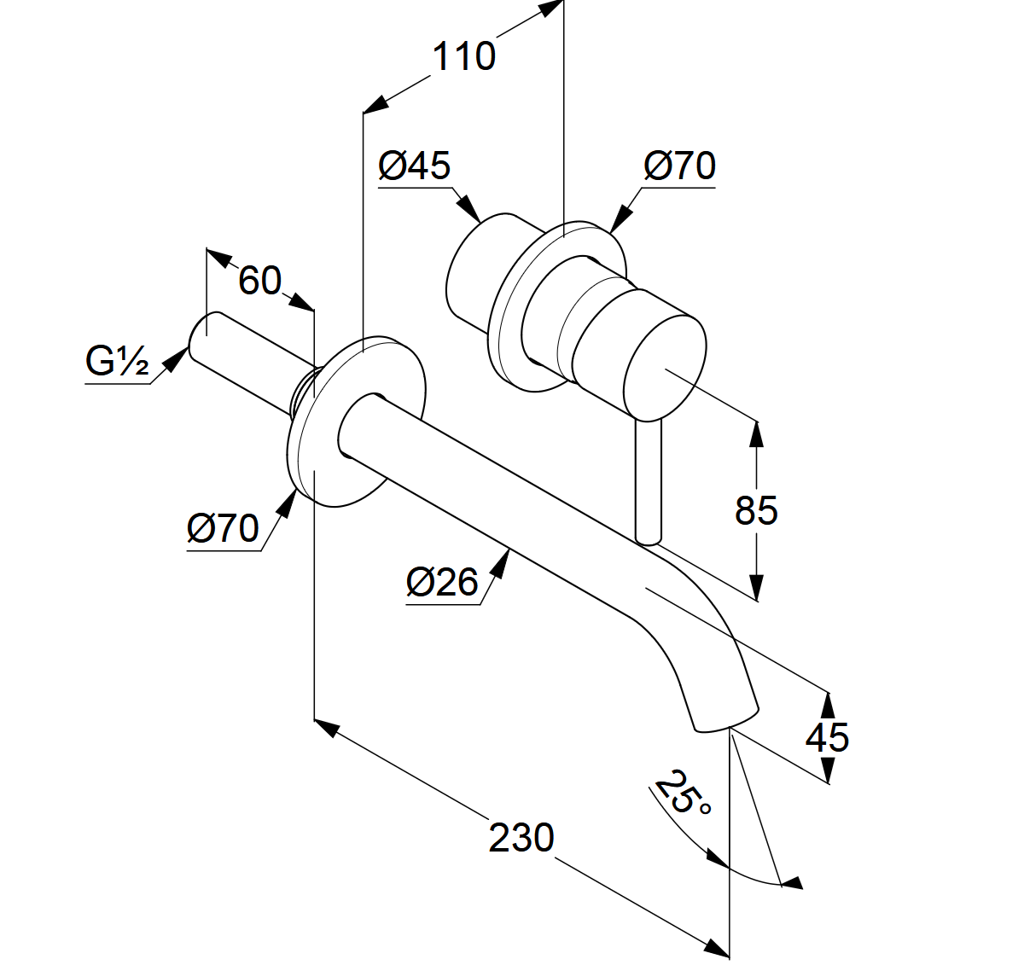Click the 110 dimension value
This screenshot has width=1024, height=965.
(x=463, y=57)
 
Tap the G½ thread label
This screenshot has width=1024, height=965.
(x=117, y=361)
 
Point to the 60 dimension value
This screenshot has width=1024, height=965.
(x=259, y=280)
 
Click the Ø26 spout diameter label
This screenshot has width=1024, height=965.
(x=442, y=582)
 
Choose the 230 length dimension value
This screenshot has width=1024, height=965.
(x=521, y=837)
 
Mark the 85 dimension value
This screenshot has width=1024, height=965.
(x=756, y=510)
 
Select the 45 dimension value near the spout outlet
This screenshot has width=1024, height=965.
(x=827, y=737)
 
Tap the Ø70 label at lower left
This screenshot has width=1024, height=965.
(x=223, y=528)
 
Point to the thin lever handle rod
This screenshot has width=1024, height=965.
(x=649, y=482)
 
